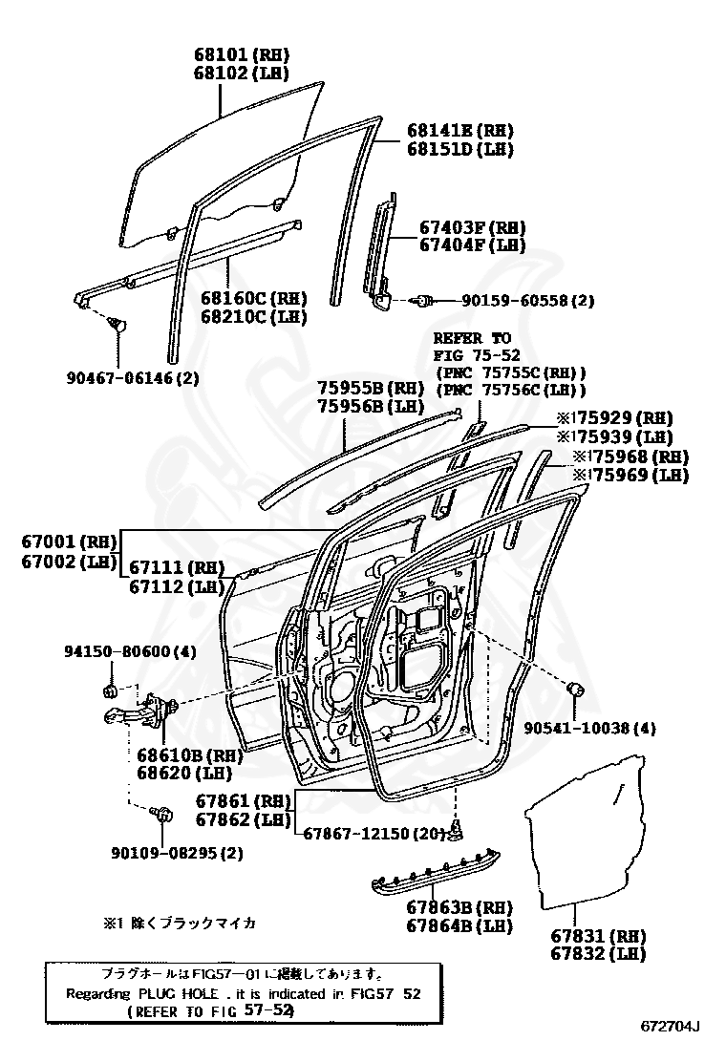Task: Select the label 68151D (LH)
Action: (x=459, y=149)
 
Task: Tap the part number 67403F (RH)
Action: (x=473, y=227)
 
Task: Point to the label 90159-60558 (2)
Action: (x=527, y=300)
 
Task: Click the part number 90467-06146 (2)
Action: (x=132, y=377)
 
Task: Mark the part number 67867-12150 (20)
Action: (x=374, y=834)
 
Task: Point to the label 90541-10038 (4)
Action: (x=589, y=728)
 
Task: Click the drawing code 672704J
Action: (x=670, y=1027)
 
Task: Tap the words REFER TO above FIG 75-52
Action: (x=472, y=338)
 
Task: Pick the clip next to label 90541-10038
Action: (x=575, y=689)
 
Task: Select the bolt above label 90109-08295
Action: (x=162, y=814)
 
